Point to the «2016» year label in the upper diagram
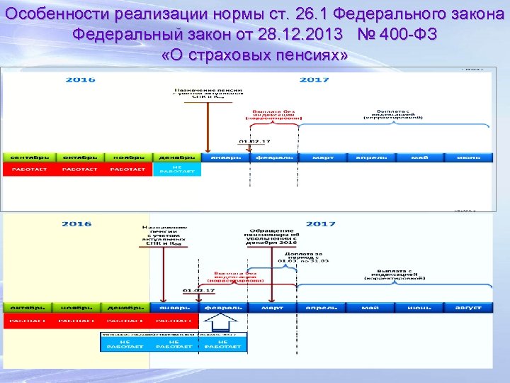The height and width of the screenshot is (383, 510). coord(80,80)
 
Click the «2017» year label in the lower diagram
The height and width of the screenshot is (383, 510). coord(320,224)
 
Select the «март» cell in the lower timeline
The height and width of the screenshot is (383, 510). coord(271,308)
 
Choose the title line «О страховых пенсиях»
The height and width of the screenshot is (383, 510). coord(255,55)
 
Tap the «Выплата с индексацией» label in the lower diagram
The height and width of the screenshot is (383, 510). coord(395,275)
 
